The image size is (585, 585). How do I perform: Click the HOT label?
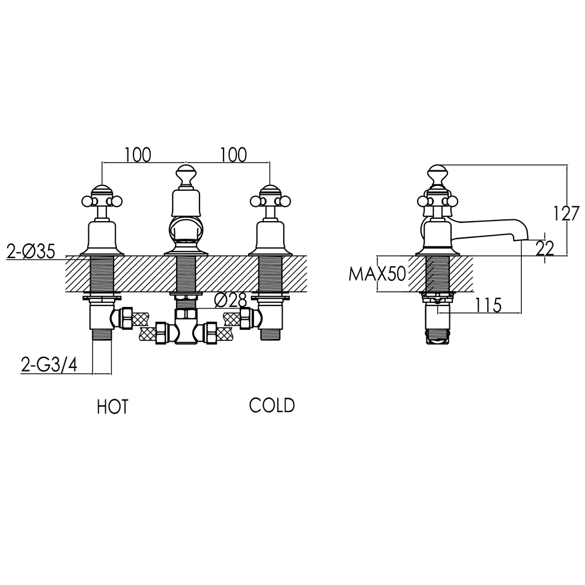click(112, 407)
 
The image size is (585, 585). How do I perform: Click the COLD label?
click(271, 405)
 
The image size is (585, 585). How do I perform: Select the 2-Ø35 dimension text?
click(30, 252)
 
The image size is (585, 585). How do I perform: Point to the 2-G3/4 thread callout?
click(49, 366)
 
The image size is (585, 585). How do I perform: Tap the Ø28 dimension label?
click(229, 300)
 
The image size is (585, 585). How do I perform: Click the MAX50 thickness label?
click(377, 274)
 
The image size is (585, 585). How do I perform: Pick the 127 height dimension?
click(566, 213)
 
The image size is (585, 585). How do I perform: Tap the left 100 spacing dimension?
click(138, 155)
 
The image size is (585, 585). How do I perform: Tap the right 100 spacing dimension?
click(233, 155)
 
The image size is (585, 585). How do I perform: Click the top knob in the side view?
click(438, 173)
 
